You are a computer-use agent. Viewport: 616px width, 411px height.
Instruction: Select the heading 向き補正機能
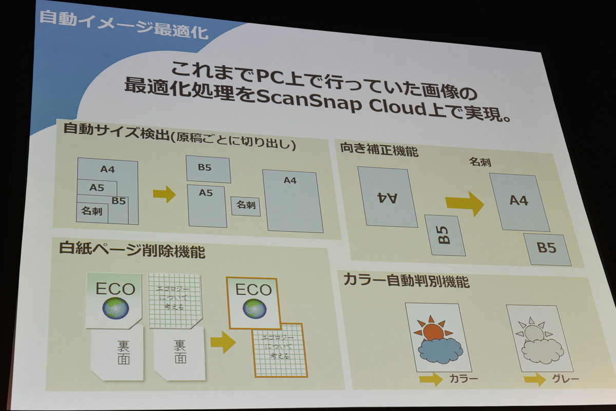(379, 149)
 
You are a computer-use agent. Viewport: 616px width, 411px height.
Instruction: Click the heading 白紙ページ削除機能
(132, 251)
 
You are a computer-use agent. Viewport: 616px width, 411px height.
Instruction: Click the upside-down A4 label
(387, 197)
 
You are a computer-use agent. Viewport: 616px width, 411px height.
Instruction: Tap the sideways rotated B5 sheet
(445, 235)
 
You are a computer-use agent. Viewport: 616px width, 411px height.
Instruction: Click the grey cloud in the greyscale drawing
(537, 353)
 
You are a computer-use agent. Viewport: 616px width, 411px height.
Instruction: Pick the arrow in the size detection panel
(164, 194)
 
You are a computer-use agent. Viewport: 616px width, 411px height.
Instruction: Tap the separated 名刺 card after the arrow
(246, 206)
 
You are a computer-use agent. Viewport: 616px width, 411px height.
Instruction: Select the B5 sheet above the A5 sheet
(208, 169)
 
